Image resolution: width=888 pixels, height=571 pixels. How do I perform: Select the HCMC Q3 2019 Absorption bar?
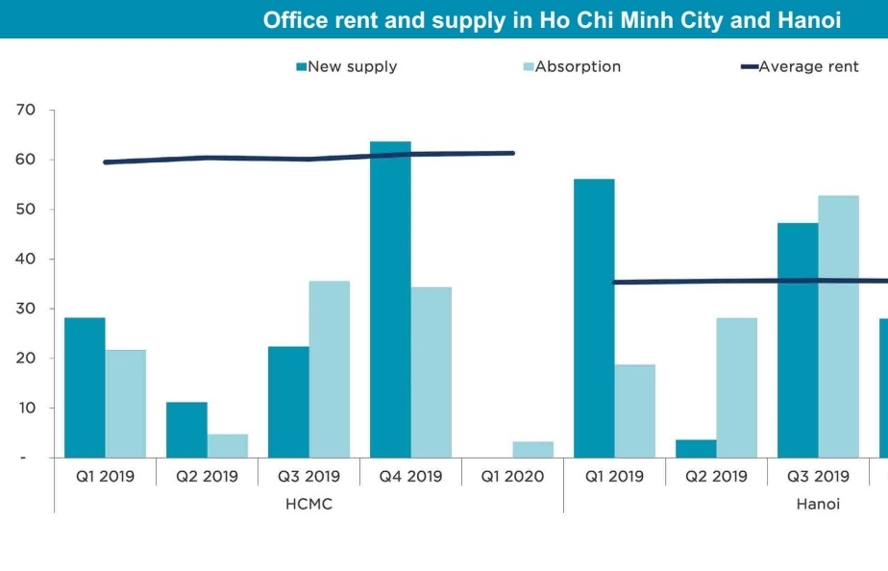330,369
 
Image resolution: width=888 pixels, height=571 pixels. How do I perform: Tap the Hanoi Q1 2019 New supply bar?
594,318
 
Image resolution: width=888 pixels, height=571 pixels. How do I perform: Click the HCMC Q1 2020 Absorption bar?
532,450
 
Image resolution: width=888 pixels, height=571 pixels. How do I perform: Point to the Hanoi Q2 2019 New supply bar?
696,449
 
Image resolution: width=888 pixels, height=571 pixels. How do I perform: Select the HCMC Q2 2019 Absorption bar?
228,446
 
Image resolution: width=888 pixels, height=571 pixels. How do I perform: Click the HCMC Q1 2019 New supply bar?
85,387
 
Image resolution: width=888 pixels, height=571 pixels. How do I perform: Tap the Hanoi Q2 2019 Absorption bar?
736,387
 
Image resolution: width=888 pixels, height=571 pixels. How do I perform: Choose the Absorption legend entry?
578,66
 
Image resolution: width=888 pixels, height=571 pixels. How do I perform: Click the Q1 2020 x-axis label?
512,476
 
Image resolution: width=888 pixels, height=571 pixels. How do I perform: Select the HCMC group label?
308,505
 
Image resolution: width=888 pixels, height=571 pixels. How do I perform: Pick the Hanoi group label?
818,505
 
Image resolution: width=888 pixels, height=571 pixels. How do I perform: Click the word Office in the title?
296,20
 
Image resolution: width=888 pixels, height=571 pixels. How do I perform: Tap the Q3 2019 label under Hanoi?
818,476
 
